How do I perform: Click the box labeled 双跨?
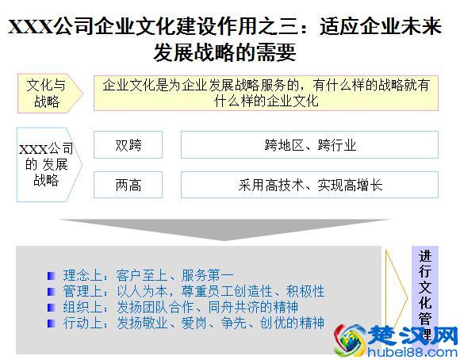(x=128, y=145)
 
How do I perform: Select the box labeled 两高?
(x=128, y=186)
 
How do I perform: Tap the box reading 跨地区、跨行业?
(x=309, y=145)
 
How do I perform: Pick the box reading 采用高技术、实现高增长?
(x=309, y=186)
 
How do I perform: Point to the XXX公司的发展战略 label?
(x=46, y=164)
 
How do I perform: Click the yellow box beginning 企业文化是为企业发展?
(x=266, y=92)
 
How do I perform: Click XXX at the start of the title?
(x=30, y=28)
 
